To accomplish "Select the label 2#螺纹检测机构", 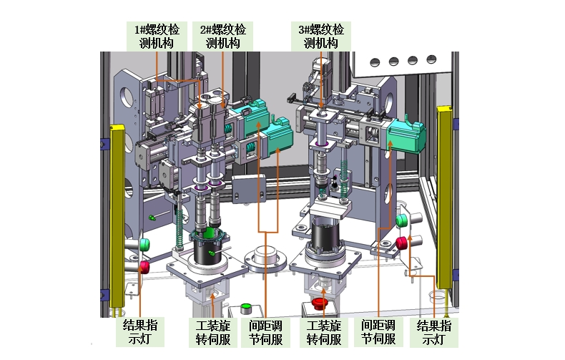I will pos(222,36).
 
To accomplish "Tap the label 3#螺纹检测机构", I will pos(320,36).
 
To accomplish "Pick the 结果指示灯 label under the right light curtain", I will pos(436,331).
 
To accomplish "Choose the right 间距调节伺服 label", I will pos(378,332).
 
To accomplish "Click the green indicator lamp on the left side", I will pos(144,245).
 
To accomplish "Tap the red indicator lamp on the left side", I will pos(144,267).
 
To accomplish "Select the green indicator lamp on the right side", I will pos(401,220).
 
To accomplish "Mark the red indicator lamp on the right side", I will pos(401,242).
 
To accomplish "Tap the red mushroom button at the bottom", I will pos(320,306).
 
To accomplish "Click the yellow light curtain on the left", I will pos(117,215).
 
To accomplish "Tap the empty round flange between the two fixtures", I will pos(266,256).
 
